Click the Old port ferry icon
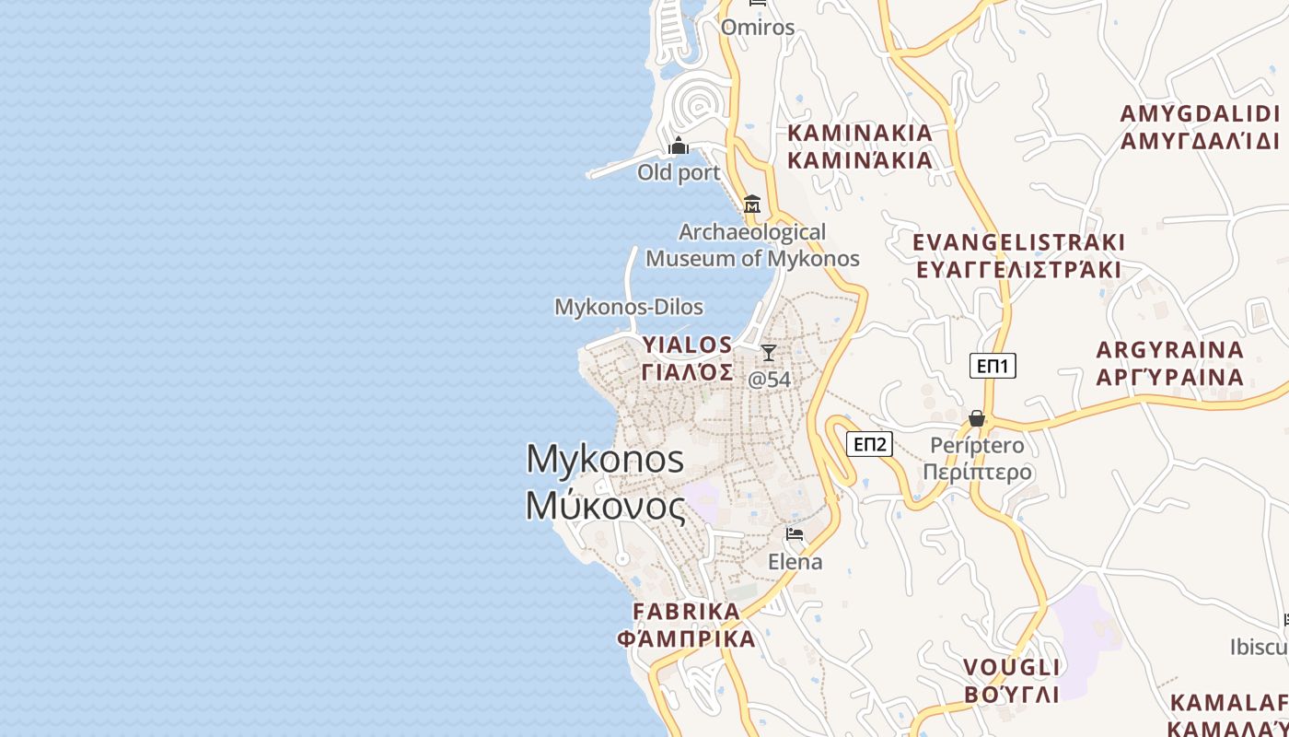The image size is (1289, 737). click(679, 146)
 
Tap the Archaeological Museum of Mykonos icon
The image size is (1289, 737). click(752, 204)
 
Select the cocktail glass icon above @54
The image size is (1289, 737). click(769, 353)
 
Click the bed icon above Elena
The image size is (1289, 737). click(795, 534)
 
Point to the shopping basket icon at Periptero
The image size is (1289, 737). click(977, 419)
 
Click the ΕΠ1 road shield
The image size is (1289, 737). click(993, 366)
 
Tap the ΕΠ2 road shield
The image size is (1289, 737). click(870, 445)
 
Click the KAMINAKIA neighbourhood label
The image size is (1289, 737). click(860, 133)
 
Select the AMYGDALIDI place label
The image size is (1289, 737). click(1200, 114)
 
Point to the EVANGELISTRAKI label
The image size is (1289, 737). click(1018, 242)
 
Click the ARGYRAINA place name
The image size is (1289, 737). click(1170, 350)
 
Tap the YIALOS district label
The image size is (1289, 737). click(688, 345)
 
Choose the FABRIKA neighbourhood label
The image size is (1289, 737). click(687, 612)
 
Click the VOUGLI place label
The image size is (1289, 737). click(1012, 667)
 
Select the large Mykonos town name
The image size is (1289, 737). click(605, 459)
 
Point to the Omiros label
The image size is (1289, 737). click(758, 28)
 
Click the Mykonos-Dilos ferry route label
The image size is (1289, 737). click(629, 307)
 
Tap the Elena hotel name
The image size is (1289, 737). click(795, 562)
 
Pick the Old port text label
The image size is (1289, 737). click(679, 172)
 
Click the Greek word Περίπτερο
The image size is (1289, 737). click(977, 473)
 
